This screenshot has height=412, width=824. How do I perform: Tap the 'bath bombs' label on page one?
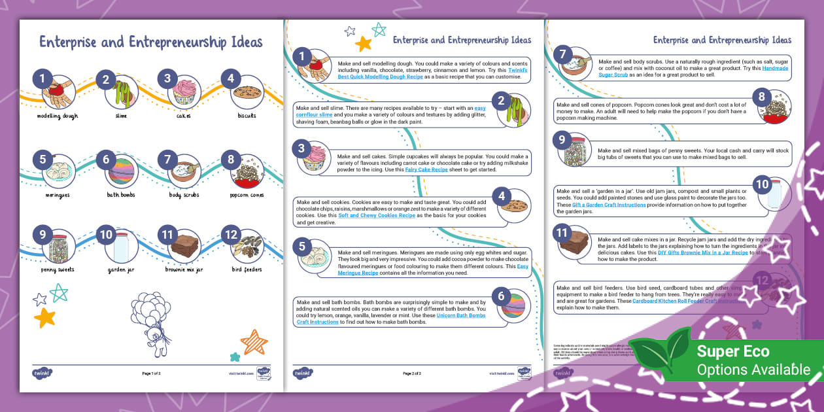121,194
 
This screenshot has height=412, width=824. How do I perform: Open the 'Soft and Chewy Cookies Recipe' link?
375,215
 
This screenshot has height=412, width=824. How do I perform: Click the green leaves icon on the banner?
660,354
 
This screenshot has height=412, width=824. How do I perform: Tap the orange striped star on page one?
254,341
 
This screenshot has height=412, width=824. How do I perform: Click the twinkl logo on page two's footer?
303,373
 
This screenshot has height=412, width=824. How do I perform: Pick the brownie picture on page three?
575,241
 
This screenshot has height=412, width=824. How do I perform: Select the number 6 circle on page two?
502,296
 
